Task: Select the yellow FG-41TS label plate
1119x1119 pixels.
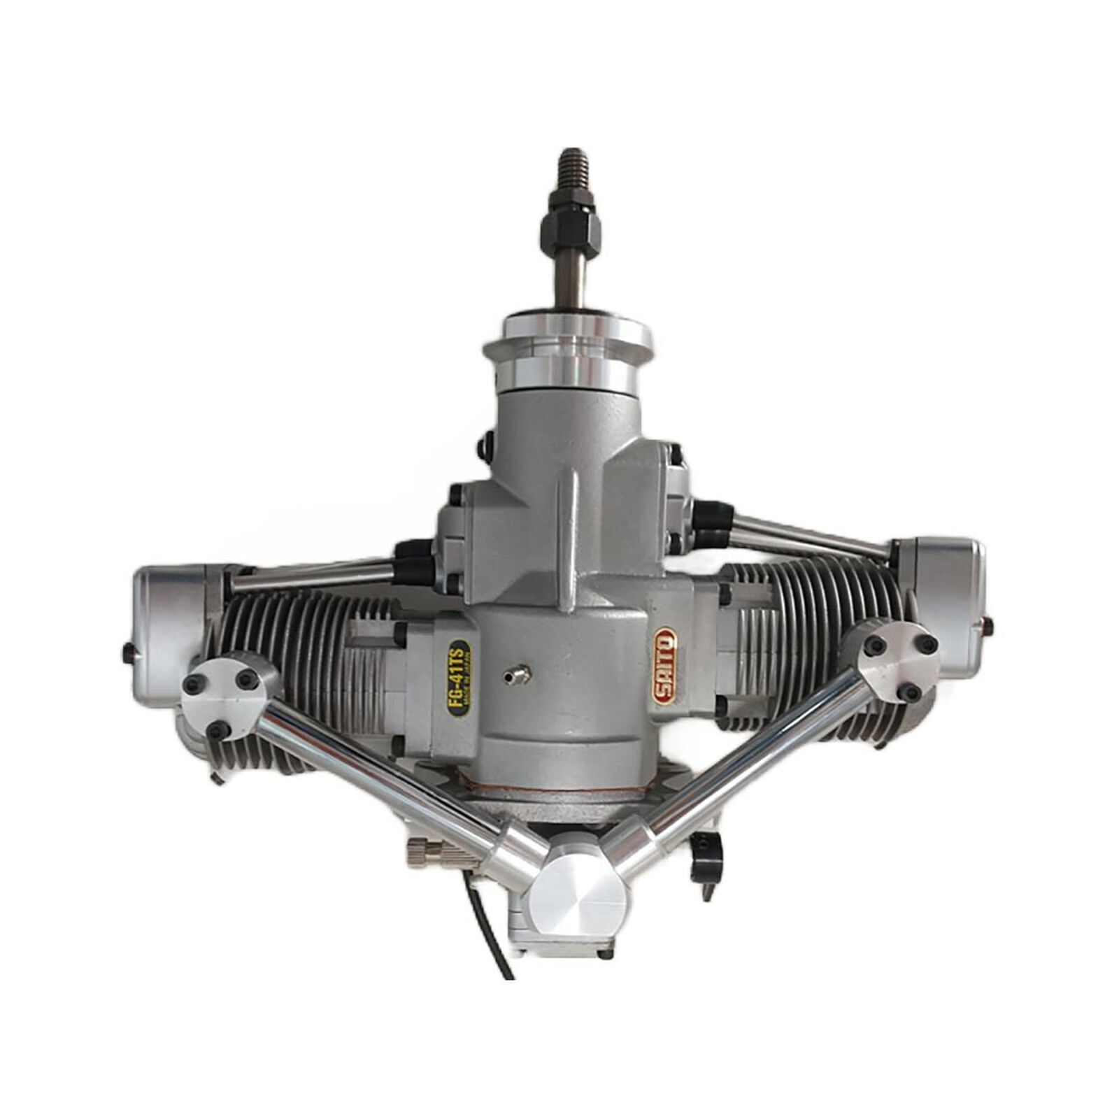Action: [x=459, y=677]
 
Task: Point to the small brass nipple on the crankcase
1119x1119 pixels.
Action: [x=518, y=675]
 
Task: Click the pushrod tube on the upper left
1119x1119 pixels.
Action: [x=315, y=575]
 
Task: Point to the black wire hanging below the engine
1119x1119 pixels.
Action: [x=490, y=937]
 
